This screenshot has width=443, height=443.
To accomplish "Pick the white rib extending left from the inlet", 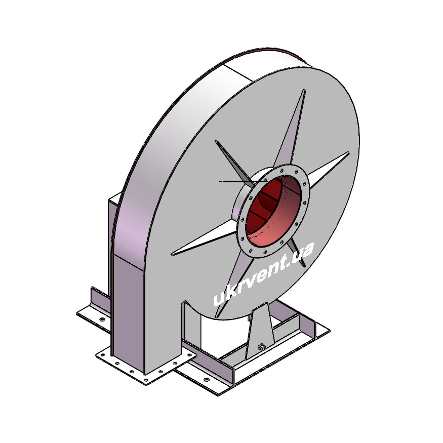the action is (x=204, y=240).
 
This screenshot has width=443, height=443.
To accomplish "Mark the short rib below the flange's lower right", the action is (x=298, y=252).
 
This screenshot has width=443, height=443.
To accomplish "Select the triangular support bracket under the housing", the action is (x=260, y=331).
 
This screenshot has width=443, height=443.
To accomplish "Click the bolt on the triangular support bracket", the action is (x=261, y=346).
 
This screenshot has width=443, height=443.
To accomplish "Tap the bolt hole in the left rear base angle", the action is (x=102, y=319).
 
